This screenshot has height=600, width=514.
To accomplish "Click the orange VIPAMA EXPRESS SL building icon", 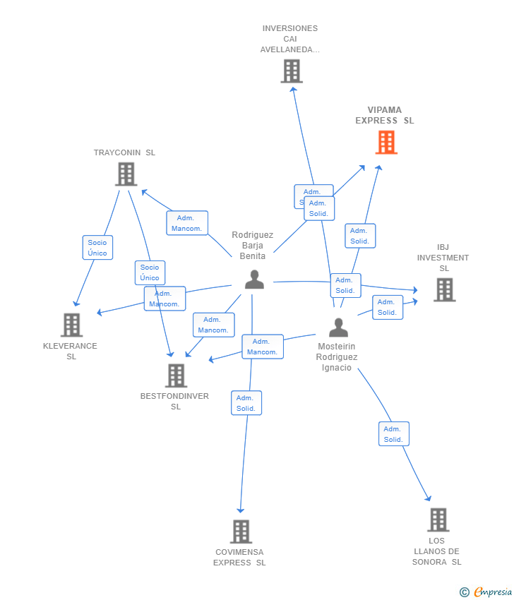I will click(x=386, y=143).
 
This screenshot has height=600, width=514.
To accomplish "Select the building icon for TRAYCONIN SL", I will click(x=126, y=174).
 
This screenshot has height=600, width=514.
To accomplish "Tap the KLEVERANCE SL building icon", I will click(x=71, y=325).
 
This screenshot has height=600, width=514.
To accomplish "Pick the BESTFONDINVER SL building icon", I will click(x=176, y=376).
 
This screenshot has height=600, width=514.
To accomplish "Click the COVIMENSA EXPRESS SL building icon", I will click(x=241, y=532).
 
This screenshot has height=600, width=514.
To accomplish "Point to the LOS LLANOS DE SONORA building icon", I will click(x=438, y=520).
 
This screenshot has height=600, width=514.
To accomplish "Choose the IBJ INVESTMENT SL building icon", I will click(x=444, y=289).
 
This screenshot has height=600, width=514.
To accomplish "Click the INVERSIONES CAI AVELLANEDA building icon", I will click(x=291, y=71).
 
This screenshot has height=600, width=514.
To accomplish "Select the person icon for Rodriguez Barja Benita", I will click(x=254, y=280).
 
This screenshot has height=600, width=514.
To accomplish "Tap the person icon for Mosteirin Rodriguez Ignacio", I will click(x=338, y=328).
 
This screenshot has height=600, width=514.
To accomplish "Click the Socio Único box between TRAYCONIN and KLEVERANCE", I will click(x=97, y=248).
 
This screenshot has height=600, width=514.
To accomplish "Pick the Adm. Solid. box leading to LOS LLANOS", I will click(x=393, y=434).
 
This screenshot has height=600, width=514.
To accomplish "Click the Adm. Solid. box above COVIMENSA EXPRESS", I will click(x=246, y=403).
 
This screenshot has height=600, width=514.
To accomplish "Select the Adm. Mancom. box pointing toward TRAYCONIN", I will click(x=187, y=223).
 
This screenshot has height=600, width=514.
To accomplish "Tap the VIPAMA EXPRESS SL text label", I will click(x=385, y=115).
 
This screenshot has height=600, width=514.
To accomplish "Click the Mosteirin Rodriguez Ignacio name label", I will click(x=337, y=357).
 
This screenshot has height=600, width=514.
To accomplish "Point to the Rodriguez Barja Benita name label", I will click(x=253, y=245).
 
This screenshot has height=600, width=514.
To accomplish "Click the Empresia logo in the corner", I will click(x=486, y=592).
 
